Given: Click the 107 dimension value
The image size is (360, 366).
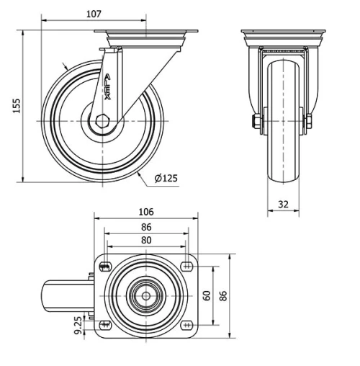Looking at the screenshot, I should pyautogui.click(x=93, y=13).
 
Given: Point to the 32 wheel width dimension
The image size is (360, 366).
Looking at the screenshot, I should pyautogui.click(x=283, y=205).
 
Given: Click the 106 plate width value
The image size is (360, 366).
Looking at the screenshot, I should pyautogui.click(x=145, y=212).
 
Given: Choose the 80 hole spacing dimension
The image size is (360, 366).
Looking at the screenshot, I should pyautogui.click(x=145, y=240).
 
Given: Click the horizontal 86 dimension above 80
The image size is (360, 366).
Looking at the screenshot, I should pyautogui.click(x=145, y=226).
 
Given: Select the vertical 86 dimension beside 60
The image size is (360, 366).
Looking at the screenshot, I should pyautogui.click(x=224, y=295).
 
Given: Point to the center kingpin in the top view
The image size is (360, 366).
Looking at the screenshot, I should pyautogui.click(x=145, y=295).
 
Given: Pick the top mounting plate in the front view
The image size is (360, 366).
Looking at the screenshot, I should pyautogui.click(x=283, y=34).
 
